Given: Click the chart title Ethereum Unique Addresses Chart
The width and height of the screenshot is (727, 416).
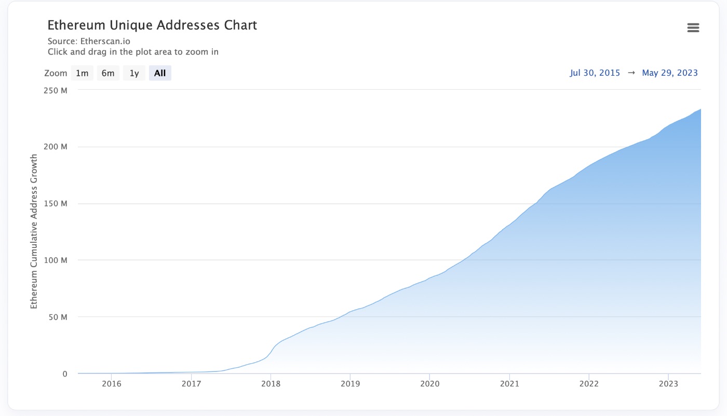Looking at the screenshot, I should pyautogui.click(x=152, y=25).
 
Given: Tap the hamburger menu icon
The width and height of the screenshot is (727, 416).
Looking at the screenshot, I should pyautogui.click(x=693, y=28).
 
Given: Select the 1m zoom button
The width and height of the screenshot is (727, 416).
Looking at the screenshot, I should pyautogui.click(x=82, y=73).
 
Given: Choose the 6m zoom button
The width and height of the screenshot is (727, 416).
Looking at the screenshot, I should pyautogui.click(x=108, y=73).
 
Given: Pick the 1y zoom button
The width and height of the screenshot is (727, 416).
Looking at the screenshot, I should pyautogui.click(x=134, y=73).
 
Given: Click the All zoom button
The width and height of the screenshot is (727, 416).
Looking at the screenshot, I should pyautogui.click(x=160, y=73).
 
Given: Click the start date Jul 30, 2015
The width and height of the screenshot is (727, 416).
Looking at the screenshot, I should pyautogui.click(x=595, y=73).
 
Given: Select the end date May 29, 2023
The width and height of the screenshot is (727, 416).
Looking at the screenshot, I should pyautogui.click(x=670, y=73).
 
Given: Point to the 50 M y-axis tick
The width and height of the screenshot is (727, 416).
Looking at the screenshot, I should pyautogui.click(x=59, y=317).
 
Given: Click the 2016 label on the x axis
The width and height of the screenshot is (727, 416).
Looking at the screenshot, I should pyautogui.click(x=112, y=384).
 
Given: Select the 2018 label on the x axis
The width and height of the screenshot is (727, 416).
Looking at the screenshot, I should pyautogui.click(x=271, y=384).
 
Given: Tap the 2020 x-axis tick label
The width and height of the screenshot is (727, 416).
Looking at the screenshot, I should pyautogui.click(x=429, y=384).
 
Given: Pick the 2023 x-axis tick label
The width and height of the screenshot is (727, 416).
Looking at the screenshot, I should pyautogui.click(x=668, y=384).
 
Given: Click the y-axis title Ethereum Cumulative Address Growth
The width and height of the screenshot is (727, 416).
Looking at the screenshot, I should pyautogui.click(x=34, y=231).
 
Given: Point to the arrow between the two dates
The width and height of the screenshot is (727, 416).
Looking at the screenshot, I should pyautogui.click(x=631, y=73).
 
